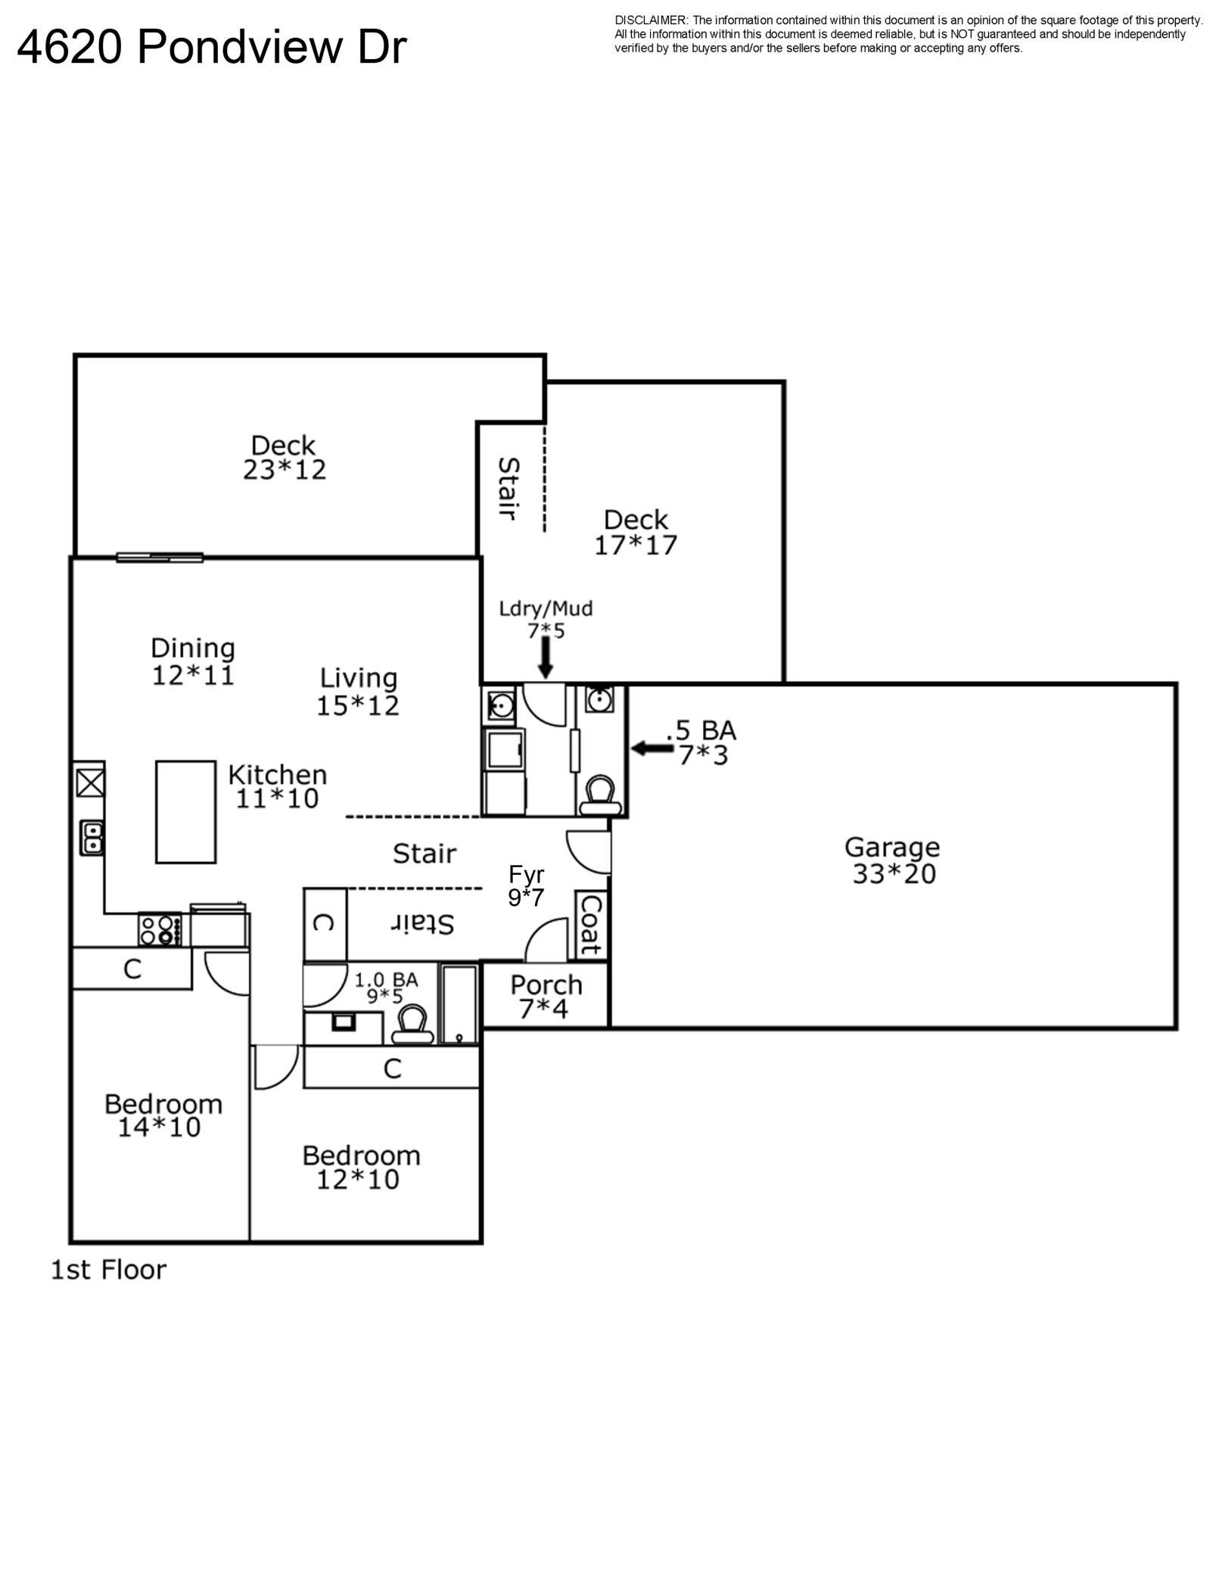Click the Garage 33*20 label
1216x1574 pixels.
[893, 860]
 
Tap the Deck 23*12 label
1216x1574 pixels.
[284, 457]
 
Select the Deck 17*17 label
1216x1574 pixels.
[636, 532]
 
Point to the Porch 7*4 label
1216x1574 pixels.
[546, 996]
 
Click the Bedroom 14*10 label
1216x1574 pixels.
[163, 1115]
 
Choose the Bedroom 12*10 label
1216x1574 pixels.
[361, 1167]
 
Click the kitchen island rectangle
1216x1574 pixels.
[186, 811]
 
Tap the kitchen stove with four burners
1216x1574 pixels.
[160, 929]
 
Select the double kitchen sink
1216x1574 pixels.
[92, 838]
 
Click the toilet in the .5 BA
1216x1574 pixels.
[601, 795]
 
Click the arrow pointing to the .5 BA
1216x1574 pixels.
[652, 748]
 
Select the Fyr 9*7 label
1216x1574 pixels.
[526, 885]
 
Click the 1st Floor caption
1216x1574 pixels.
[108, 1269]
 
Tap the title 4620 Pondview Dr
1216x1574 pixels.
[212, 47]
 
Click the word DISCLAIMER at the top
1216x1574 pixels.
[652, 20]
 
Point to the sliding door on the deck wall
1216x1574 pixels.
[160, 558]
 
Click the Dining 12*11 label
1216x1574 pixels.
[193, 661]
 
